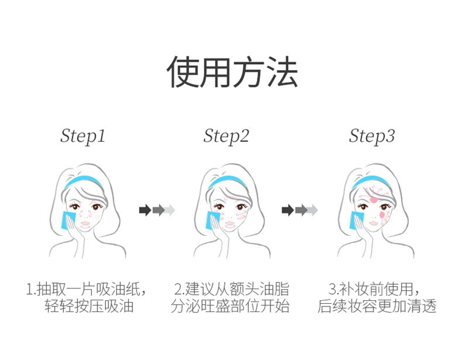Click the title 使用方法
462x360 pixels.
click(232, 72)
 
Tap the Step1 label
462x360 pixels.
click(83, 136)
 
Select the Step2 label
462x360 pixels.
click(226, 136)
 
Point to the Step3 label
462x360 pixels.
click(371, 136)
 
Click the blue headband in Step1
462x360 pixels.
click(83, 181)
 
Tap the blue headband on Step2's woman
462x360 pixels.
click(227, 181)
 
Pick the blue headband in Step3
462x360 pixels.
click(371, 181)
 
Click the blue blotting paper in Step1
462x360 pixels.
click(68, 221)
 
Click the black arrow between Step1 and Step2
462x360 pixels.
click(145, 210)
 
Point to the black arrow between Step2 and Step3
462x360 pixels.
click(288, 210)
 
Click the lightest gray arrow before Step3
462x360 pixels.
click(312, 210)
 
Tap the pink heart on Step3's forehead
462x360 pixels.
click(374, 200)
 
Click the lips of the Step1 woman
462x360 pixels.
click(85, 224)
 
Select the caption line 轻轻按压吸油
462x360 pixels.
click(89, 306)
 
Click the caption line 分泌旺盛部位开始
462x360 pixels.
click(230, 306)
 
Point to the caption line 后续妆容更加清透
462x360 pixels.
click(377, 306)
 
